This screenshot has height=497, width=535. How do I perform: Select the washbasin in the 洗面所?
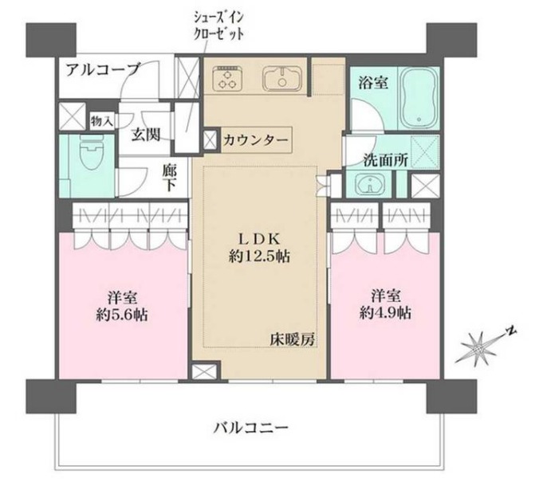(369, 185)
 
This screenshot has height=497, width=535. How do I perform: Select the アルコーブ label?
(103, 68)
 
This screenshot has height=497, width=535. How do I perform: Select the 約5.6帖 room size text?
(122, 313)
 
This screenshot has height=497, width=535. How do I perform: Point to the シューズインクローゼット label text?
(217, 26)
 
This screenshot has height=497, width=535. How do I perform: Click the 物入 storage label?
(100, 121)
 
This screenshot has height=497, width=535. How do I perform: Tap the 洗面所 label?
(387, 158)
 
